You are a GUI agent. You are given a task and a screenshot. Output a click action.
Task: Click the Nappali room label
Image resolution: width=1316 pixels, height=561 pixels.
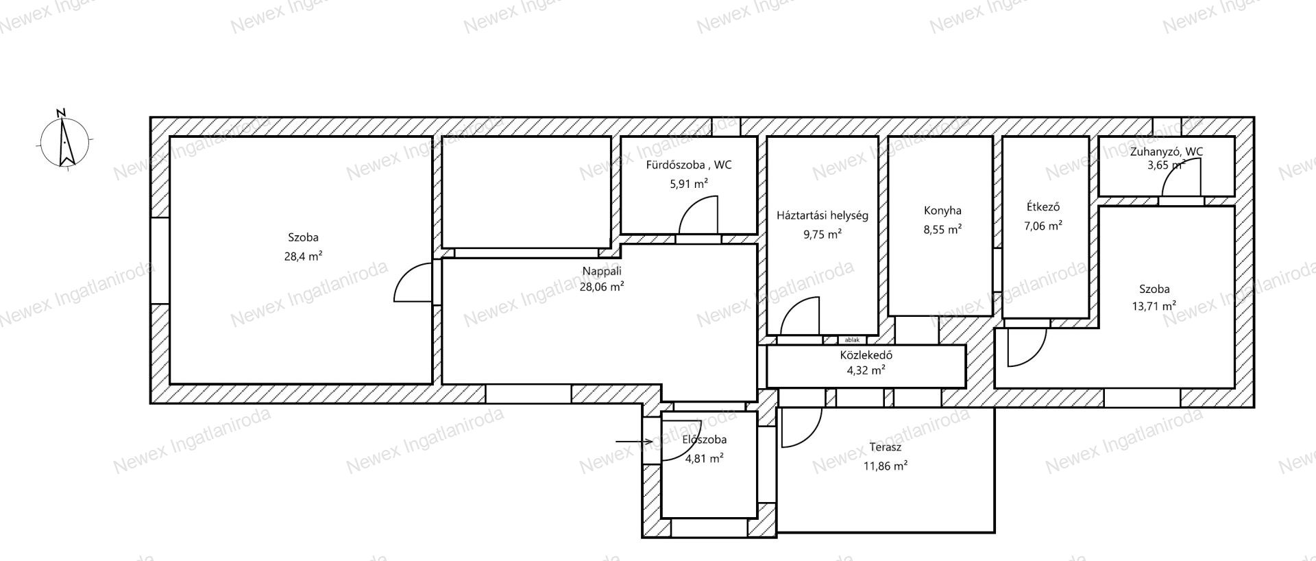[x=602, y=270]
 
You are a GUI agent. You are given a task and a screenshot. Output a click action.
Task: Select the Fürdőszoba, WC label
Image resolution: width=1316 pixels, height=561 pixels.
[x=688, y=165]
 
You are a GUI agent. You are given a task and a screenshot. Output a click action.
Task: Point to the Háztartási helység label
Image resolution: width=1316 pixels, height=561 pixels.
[x=822, y=215]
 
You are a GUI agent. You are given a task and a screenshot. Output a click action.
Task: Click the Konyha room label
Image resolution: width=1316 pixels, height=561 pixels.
[x=942, y=211]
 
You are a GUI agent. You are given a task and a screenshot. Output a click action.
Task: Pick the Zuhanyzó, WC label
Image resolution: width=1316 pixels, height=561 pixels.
[x=1166, y=152]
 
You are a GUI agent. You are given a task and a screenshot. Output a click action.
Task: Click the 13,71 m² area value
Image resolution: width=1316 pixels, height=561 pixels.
[x=1154, y=306]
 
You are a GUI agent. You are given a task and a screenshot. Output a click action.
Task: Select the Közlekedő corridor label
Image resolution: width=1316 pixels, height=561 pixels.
[x=866, y=355]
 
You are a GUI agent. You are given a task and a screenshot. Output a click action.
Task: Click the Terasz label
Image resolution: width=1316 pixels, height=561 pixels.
[x=885, y=447]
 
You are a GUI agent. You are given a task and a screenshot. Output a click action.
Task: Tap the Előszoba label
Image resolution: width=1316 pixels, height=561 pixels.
[x=705, y=440]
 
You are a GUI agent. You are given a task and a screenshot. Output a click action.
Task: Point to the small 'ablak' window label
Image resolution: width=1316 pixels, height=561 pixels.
[x=852, y=339]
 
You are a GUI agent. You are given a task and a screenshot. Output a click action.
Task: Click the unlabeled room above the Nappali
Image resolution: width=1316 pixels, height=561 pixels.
[x=526, y=192]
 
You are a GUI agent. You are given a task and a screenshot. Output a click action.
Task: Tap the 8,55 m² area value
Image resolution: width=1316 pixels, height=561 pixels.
[x=942, y=230]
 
